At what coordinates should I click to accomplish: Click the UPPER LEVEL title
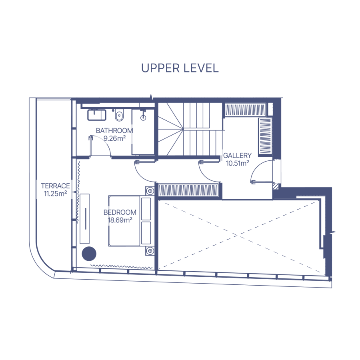click(180, 68)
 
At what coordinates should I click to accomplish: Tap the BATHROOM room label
click(114, 131)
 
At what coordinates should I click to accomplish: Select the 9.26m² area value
click(114, 138)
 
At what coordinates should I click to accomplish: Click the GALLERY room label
click(237, 156)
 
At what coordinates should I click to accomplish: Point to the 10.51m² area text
click(238, 163)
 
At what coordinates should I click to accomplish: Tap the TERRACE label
click(55, 186)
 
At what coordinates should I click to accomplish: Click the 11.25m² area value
click(55, 194)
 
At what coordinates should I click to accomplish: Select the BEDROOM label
click(120, 212)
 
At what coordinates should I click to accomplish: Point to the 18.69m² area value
click(120, 220)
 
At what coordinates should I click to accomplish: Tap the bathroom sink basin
click(97, 115)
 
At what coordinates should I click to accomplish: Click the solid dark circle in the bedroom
click(89, 254)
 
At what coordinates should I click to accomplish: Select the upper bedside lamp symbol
click(150, 191)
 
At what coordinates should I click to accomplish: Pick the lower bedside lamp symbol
click(150, 251)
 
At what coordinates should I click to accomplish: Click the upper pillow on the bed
click(146, 209)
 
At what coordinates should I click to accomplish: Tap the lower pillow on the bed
click(146, 233)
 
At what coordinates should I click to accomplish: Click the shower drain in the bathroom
click(143, 118)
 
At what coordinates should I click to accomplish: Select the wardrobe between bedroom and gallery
click(188, 190)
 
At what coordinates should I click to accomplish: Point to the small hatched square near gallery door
click(276, 186)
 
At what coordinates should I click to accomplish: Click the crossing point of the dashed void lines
click(238, 235)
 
